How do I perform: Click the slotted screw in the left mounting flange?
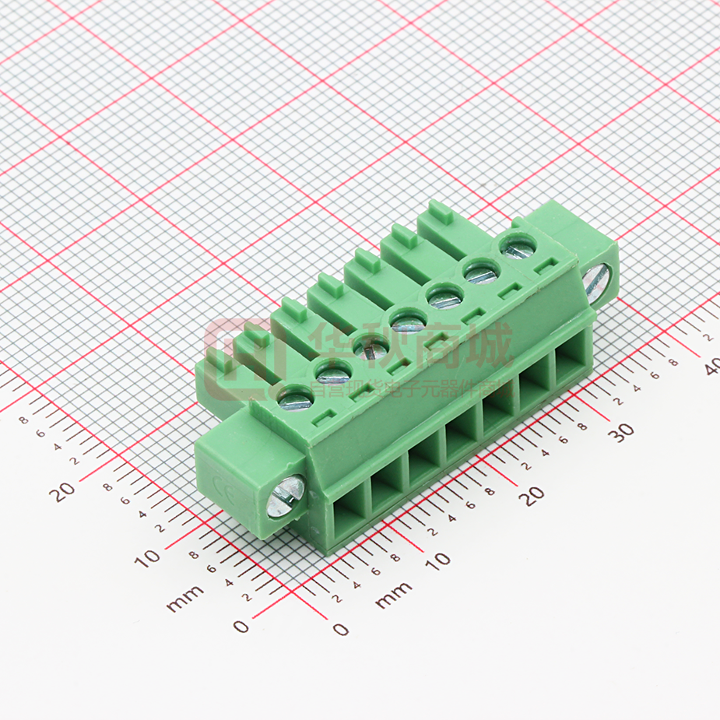coord(286,496)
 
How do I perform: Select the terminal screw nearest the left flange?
coord(295,399)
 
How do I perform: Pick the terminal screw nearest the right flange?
coord(518,245)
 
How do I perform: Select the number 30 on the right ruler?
coord(621,434)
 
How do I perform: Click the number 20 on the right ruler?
coord(532,495)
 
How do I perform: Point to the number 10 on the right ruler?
coord(438,560)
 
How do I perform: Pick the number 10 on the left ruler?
coord(147,556)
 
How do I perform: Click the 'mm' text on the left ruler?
coord(184,598)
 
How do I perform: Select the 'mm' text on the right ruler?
coord(393,595)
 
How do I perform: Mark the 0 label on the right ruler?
coord(340,629)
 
